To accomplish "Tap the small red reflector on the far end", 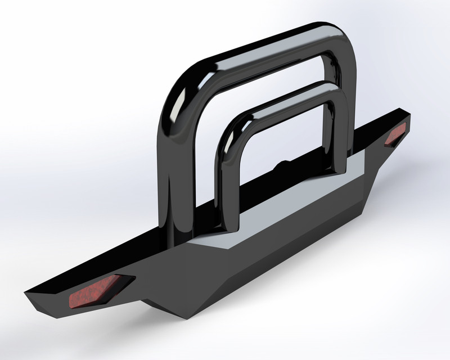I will tap(396, 135).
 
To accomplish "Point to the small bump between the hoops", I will tap(281, 165).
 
